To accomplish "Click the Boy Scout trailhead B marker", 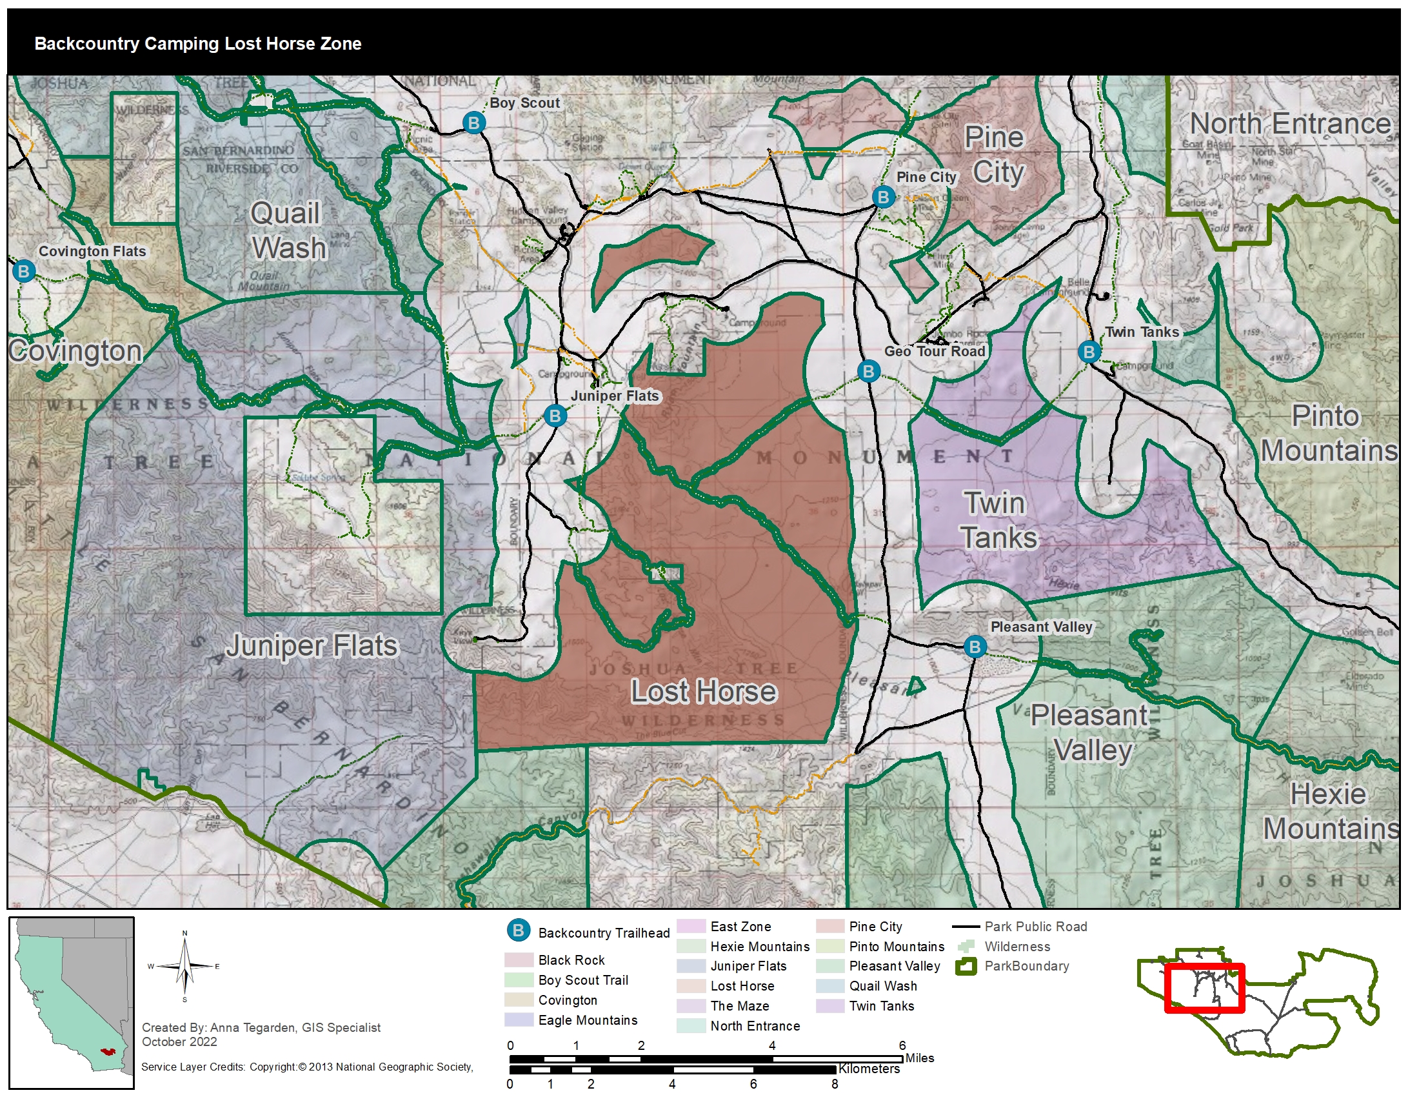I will point(473,122).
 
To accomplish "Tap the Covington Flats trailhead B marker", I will point(24,270).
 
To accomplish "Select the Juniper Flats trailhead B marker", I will point(554,416).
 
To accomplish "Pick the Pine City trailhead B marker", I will point(883,196).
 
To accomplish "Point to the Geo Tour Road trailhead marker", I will point(868,371).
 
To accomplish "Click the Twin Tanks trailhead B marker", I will point(1089,352).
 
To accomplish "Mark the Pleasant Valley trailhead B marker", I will point(975,647).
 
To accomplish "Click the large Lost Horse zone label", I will point(704,691).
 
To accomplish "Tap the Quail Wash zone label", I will point(288,231).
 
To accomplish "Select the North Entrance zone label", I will point(1290,123).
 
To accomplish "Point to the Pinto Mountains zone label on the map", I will point(1327,434).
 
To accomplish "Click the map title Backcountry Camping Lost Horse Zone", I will point(197,43).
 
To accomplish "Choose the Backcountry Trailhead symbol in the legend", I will point(519,930).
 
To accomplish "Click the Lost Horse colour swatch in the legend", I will point(691,986).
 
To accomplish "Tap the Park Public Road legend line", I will point(966,927).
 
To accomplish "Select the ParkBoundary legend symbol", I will point(966,967).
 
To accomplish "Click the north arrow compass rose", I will point(184,967).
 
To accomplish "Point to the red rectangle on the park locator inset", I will point(1205,988).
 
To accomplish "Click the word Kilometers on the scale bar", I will point(869,1069).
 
